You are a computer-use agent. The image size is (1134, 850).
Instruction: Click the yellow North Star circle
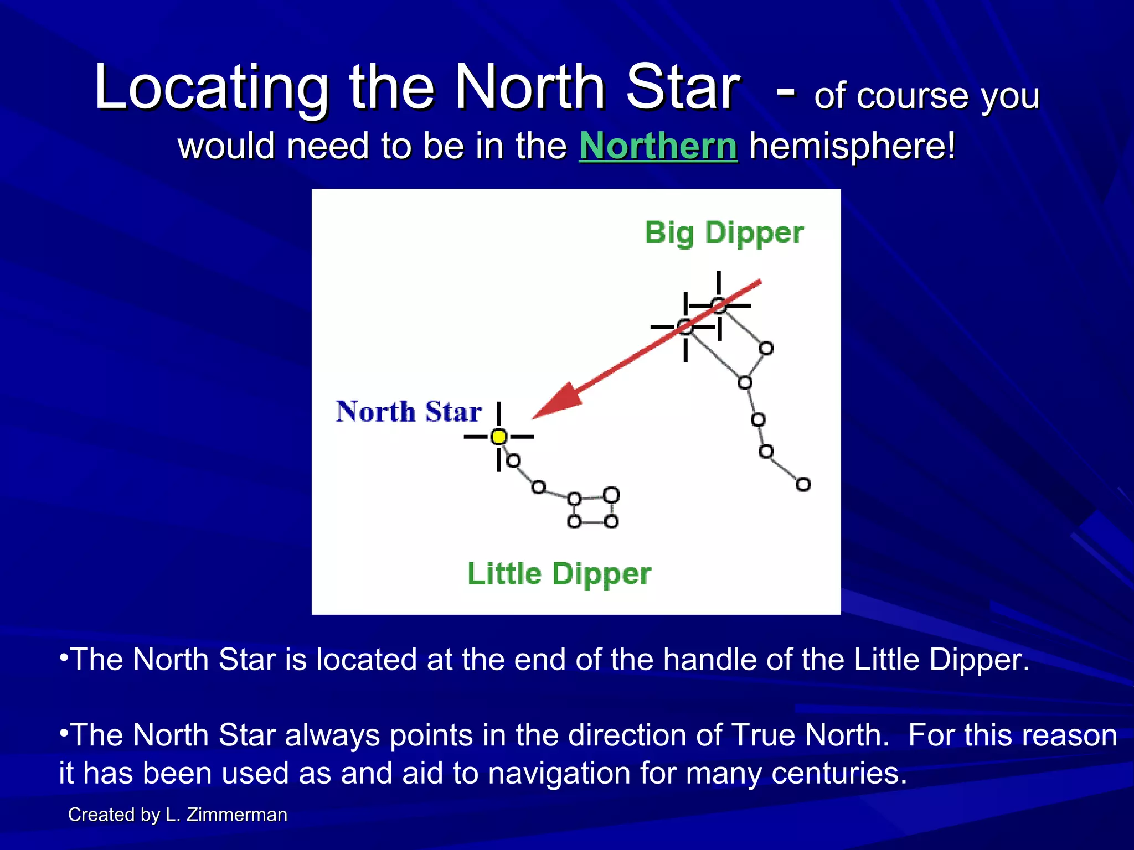point(499,437)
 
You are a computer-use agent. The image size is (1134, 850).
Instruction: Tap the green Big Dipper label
point(724,233)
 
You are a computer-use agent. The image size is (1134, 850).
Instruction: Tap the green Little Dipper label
point(559,573)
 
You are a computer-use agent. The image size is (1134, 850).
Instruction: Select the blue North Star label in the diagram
point(409,412)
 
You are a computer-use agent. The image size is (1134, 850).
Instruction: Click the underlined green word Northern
point(658,146)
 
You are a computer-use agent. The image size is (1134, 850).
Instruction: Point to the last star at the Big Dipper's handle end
point(803,485)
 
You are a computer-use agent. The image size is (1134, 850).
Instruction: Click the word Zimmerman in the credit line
point(237,815)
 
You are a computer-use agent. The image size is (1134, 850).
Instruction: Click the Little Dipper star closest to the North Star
point(514,460)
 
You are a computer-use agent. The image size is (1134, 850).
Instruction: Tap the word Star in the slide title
point(682,87)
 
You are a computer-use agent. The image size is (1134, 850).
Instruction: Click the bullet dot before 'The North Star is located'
point(64,657)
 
